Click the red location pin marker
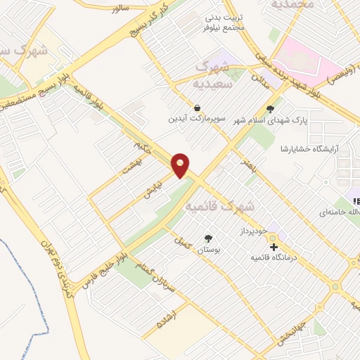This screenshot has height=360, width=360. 181,165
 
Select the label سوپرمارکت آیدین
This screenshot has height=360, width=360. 196,119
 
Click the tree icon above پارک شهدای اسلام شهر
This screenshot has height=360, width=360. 270,108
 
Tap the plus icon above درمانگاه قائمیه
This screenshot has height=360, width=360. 274,247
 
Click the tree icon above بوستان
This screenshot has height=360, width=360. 208,239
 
